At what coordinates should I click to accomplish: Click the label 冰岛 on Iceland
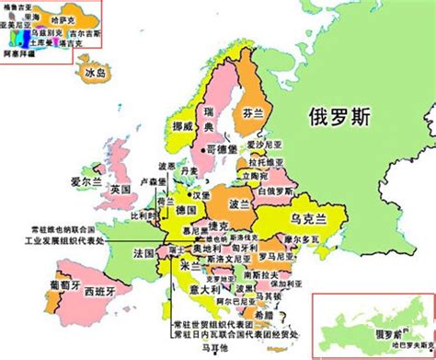(x=95, y=71)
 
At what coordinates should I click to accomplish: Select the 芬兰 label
(x=254, y=114)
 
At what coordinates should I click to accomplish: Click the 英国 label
(x=120, y=190)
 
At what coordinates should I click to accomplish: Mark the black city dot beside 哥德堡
(x=202, y=147)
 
